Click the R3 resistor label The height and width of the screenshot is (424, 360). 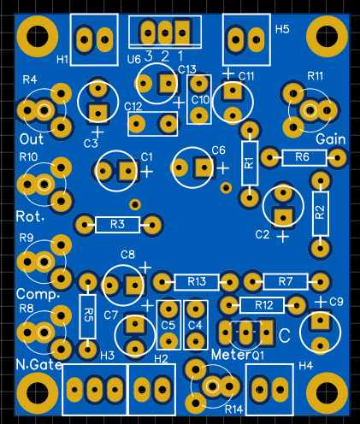pyautogui.click(x=117, y=225)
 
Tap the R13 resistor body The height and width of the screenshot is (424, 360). pyautogui.click(x=197, y=282)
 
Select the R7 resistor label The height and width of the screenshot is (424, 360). pyautogui.click(x=286, y=281)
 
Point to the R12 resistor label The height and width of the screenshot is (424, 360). pyautogui.click(x=264, y=305)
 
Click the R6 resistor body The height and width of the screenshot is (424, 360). pyautogui.click(x=304, y=157)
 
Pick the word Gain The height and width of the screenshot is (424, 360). pyautogui.click(x=331, y=139)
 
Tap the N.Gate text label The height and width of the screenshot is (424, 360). pyautogui.click(x=39, y=364)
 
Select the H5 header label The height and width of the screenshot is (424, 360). pyautogui.click(x=282, y=29)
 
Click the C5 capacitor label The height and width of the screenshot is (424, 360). pyautogui.click(x=168, y=325)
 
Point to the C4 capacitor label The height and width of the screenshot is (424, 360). pyautogui.click(x=195, y=325)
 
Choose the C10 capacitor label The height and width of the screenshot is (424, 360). pyautogui.click(x=200, y=100)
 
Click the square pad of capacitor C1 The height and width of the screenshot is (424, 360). pyautogui.click(x=128, y=171)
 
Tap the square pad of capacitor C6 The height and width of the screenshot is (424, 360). pyautogui.click(x=204, y=168)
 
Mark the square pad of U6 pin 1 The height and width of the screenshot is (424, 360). pyautogui.click(x=182, y=32)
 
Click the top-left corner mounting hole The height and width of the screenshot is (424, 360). pyautogui.click(x=38, y=37)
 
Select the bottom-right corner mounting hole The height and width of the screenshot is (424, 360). pyautogui.click(x=327, y=392)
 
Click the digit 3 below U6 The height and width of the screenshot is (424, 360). pyautogui.click(x=149, y=56)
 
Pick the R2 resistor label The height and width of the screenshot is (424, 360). pyautogui.click(x=321, y=212)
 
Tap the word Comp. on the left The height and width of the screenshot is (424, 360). pyautogui.click(x=38, y=294)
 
